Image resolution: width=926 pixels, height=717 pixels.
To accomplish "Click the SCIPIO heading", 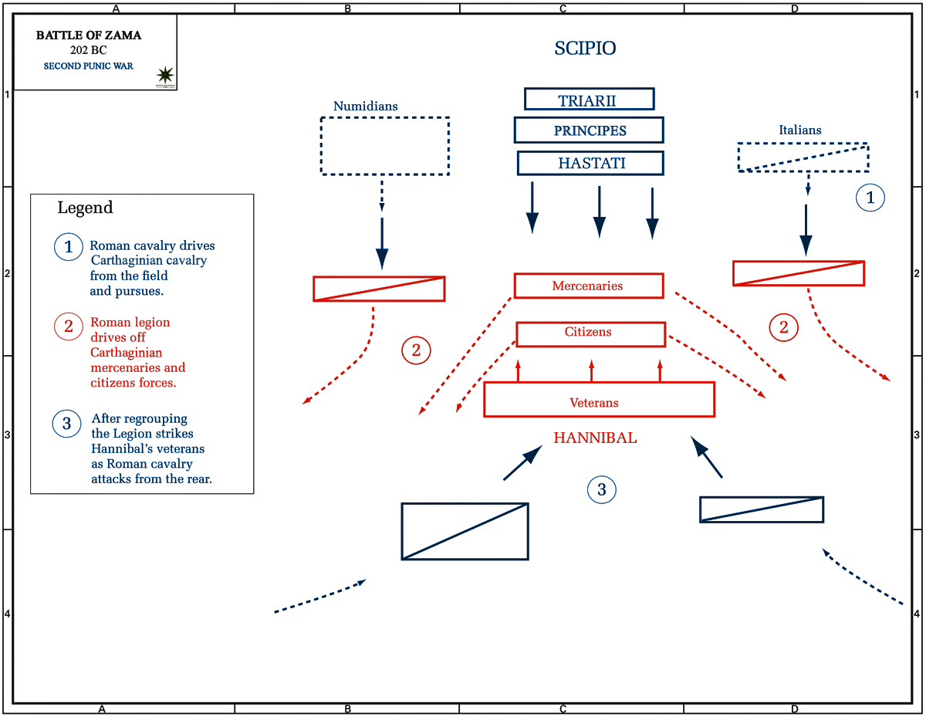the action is pyautogui.click(x=585, y=48).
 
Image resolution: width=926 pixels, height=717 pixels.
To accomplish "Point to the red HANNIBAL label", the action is pyautogui.click(x=595, y=438).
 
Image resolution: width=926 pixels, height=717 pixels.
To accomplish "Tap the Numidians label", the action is pyautogui.click(x=365, y=106).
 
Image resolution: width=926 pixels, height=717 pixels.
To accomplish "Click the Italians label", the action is pyautogui.click(x=800, y=130).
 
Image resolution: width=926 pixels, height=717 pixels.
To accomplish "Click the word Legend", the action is pyautogui.click(x=85, y=208).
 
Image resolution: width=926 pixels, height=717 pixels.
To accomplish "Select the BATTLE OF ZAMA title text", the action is pyautogui.click(x=89, y=35).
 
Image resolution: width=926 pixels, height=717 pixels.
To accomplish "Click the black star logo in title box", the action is pyautogui.click(x=165, y=76).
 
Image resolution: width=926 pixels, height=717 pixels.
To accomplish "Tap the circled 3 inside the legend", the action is pyautogui.click(x=66, y=424).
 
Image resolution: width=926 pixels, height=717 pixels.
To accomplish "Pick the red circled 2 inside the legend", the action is pyautogui.click(x=68, y=326).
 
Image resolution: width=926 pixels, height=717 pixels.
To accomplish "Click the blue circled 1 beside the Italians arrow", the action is pyautogui.click(x=870, y=198).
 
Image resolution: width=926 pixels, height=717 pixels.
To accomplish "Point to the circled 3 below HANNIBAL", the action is pyautogui.click(x=601, y=489).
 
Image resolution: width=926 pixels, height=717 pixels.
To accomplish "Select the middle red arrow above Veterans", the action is pyautogui.click(x=591, y=370).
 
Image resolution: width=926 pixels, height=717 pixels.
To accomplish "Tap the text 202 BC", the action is pyautogui.click(x=88, y=50).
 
